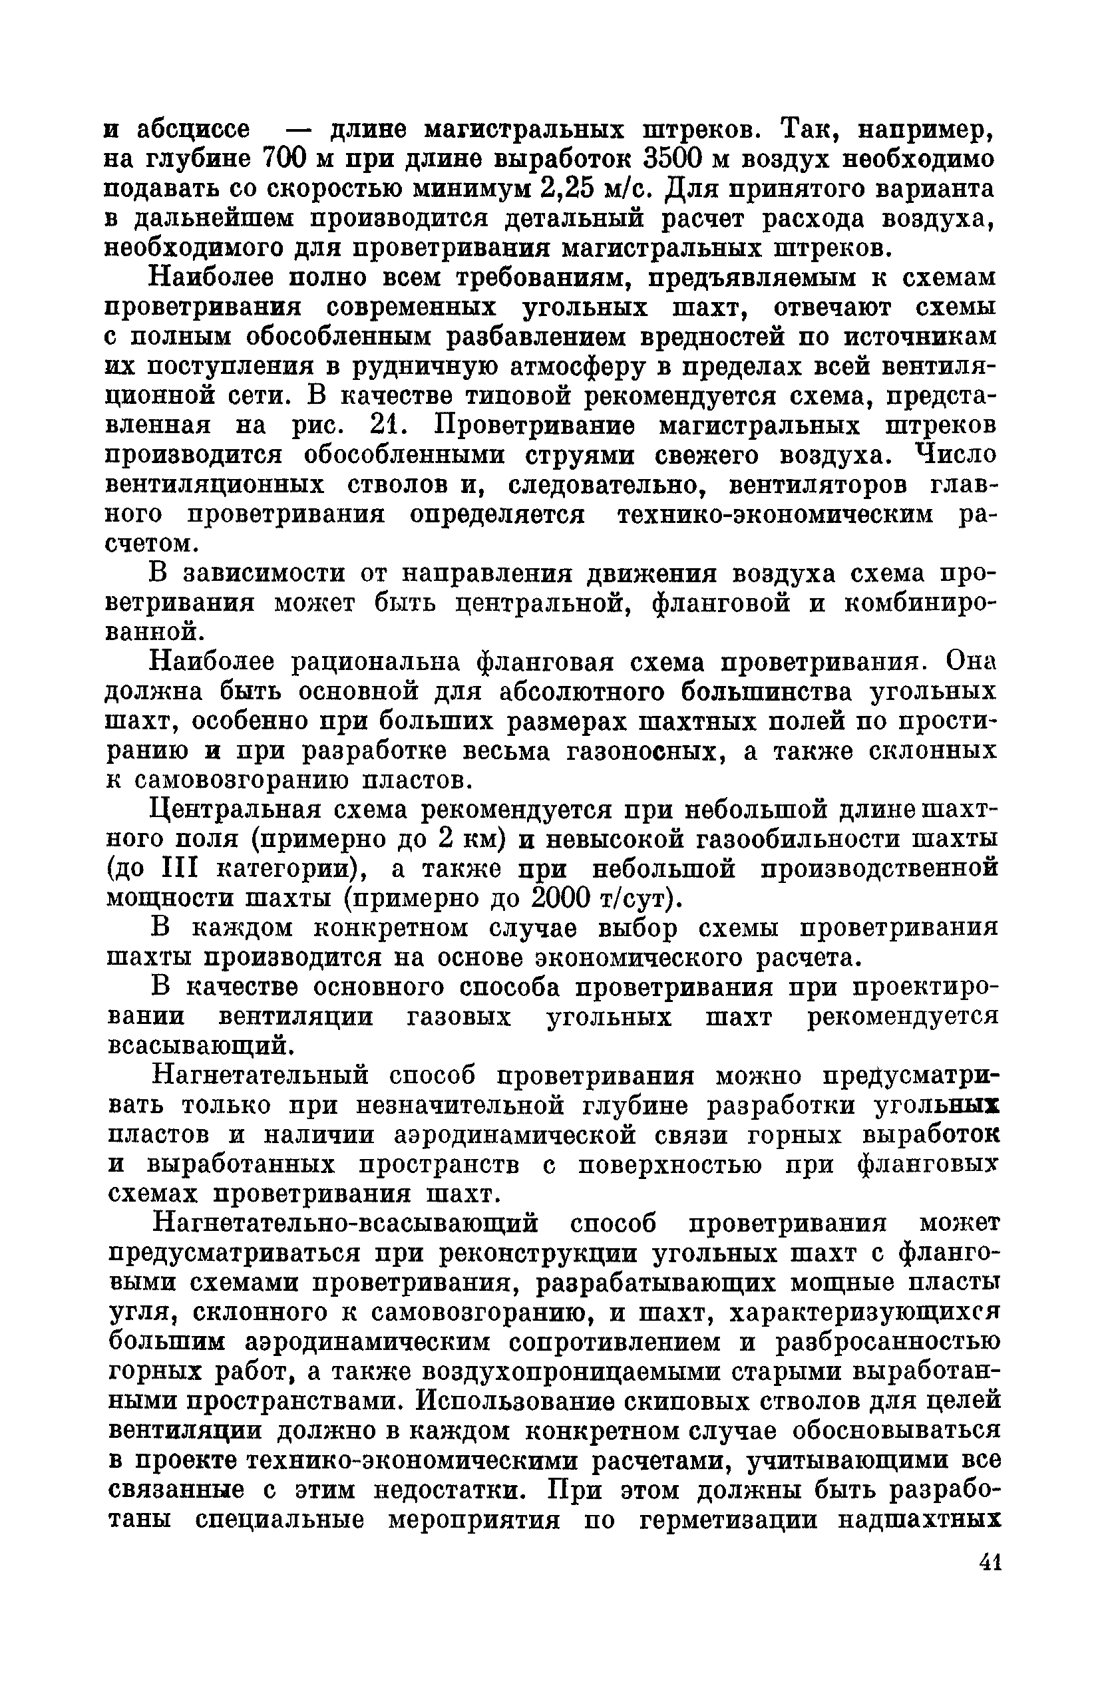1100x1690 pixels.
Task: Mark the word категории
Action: (286, 869)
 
